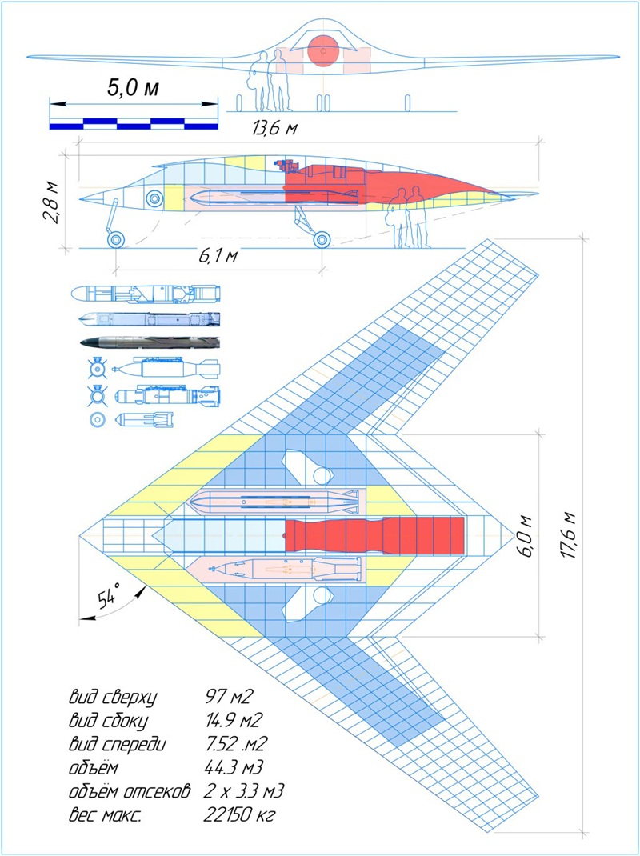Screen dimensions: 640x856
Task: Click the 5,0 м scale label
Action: (133, 87)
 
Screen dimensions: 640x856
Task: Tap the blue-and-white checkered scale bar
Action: (134, 123)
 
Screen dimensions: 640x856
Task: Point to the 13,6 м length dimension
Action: (275, 128)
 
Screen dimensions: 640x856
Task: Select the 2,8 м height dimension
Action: (51, 202)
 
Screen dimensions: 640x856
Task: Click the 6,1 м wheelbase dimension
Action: (218, 255)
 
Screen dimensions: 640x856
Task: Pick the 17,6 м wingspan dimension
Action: (568, 535)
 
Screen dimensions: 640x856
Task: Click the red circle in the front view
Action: (323, 51)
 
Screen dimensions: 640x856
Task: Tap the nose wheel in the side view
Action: (116, 239)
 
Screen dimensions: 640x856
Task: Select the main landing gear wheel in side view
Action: (322, 239)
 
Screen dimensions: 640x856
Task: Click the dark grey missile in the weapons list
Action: (150, 342)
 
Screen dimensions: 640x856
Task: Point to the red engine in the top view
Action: (374, 535)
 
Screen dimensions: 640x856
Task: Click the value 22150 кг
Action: (239, 814)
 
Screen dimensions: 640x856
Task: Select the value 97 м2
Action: (229, 696)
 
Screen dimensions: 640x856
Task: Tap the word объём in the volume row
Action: (93, 767)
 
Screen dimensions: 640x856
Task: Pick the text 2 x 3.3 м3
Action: (244, 791)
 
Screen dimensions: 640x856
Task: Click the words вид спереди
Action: (117, 744)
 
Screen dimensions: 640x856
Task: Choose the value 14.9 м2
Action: (234, 720)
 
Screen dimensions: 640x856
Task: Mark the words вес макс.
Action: (105, 815)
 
